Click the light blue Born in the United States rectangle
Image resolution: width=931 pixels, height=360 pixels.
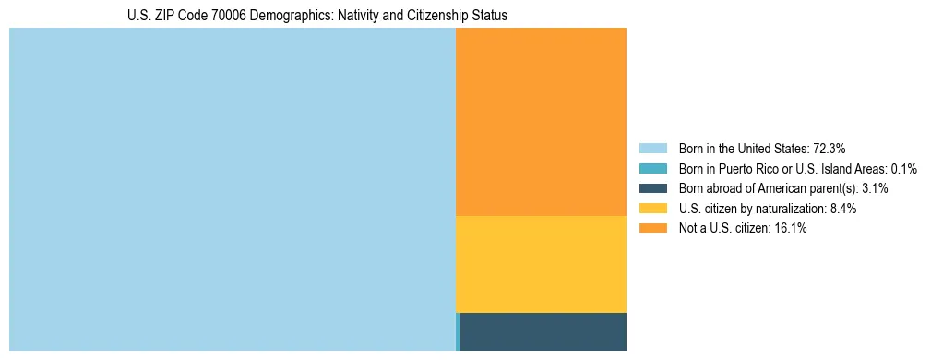[x=232, y=189]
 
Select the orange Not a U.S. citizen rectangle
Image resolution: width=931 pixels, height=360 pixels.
[x=541, y=121]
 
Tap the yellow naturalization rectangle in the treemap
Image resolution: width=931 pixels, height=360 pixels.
[x=541, y=264]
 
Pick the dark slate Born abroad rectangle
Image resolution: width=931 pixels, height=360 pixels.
[x=543, y=331]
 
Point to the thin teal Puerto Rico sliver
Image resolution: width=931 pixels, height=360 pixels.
[x=458, y=331]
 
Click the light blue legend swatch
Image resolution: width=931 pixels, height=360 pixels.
[x=652, y=148]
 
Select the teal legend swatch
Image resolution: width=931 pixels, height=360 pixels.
[x=652, y=168]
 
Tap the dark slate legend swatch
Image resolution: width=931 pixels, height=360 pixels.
[x=652, y=188]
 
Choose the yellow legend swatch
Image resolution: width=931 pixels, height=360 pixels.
[x=652, y=209]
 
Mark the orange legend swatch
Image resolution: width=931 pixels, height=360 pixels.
[x=652, y=228]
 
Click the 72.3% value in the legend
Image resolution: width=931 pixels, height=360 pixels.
[x=830, y=148]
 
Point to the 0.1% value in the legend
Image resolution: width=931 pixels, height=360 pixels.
[x=904, y=168]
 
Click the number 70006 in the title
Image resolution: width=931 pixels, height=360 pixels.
[x=218, y=16]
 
